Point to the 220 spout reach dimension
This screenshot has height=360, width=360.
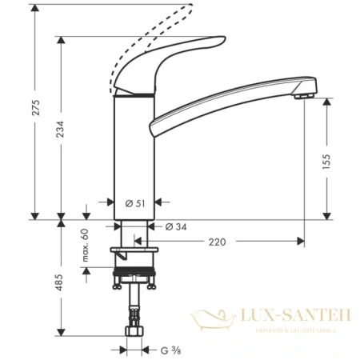[217, 240]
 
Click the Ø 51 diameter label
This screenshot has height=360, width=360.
[135, 202]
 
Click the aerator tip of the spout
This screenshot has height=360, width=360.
[301, 96]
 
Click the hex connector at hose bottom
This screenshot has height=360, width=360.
[134, 327]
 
